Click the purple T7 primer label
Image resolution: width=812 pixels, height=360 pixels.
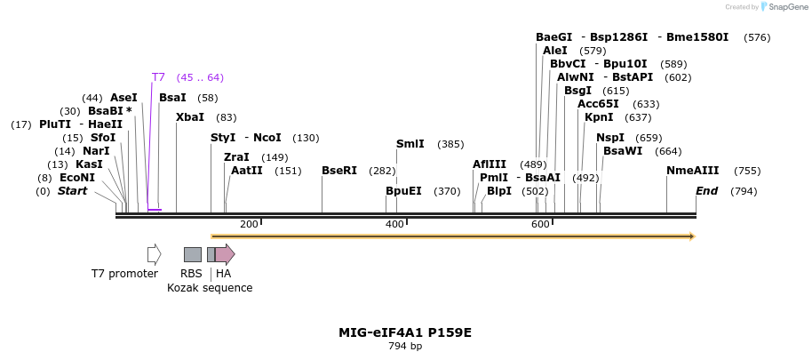click(x=158, y=77)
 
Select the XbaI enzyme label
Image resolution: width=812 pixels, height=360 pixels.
click(x=189, y=117)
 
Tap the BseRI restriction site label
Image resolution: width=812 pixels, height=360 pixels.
click(x=338, y=171)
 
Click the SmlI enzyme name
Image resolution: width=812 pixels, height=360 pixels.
click(x=410, y=144)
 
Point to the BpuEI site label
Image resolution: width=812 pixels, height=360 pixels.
click(x=403, y=191)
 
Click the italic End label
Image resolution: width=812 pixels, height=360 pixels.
click(x=706, y=191)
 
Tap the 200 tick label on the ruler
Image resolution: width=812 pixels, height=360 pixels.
click(x=249, y=224)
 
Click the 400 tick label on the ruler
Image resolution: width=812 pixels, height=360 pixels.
click(x=394, y=224)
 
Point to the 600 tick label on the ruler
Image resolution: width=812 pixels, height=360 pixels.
click(x=540, y=224)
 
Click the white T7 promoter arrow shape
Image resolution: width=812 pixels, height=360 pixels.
click(x=154, y=254)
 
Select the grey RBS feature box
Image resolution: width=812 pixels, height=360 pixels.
click(x=192, y=254)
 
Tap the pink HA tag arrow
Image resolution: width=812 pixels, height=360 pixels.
click(x=225, y=254)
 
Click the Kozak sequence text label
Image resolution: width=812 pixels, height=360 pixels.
click(x=210, y=288)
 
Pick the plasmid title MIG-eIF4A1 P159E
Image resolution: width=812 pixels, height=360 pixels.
click(x=405, y=332)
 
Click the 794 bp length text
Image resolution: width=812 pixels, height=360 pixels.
click(x=405, y=346)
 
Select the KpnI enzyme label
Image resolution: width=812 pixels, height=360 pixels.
click(x=598, y=117)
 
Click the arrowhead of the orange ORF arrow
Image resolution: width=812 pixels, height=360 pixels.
click(x=691, y=236)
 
